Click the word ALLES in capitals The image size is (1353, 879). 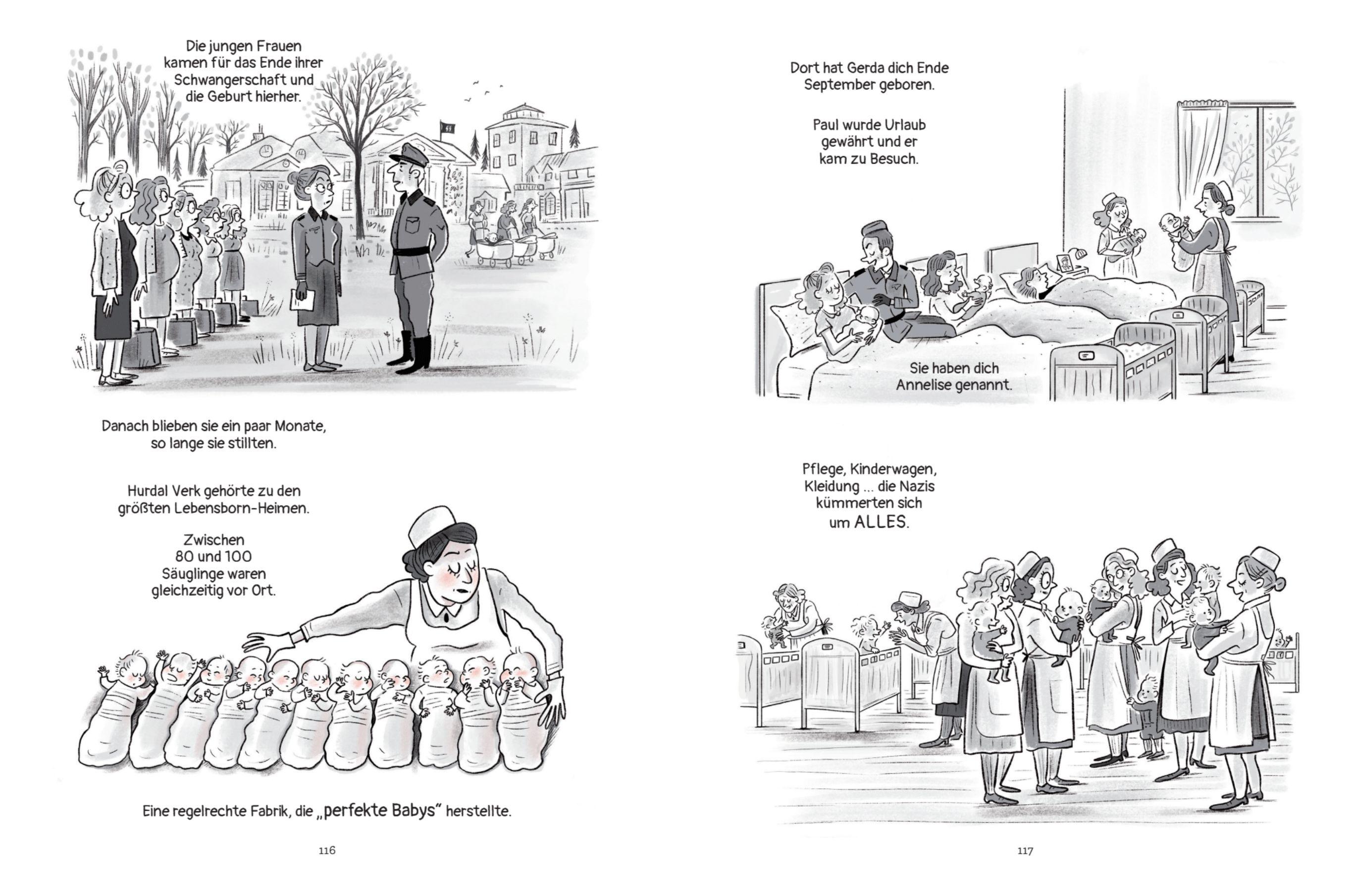[x=880, y=522]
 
